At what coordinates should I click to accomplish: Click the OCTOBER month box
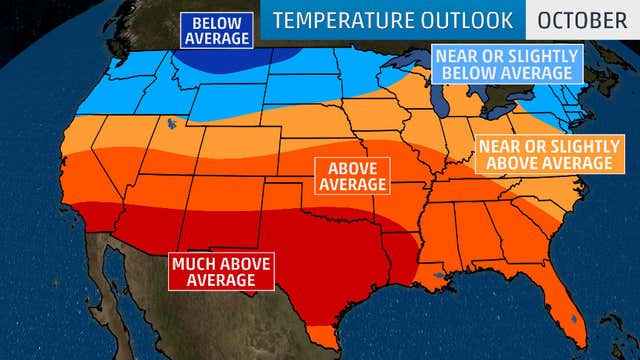582,20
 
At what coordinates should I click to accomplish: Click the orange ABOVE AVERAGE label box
352,176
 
